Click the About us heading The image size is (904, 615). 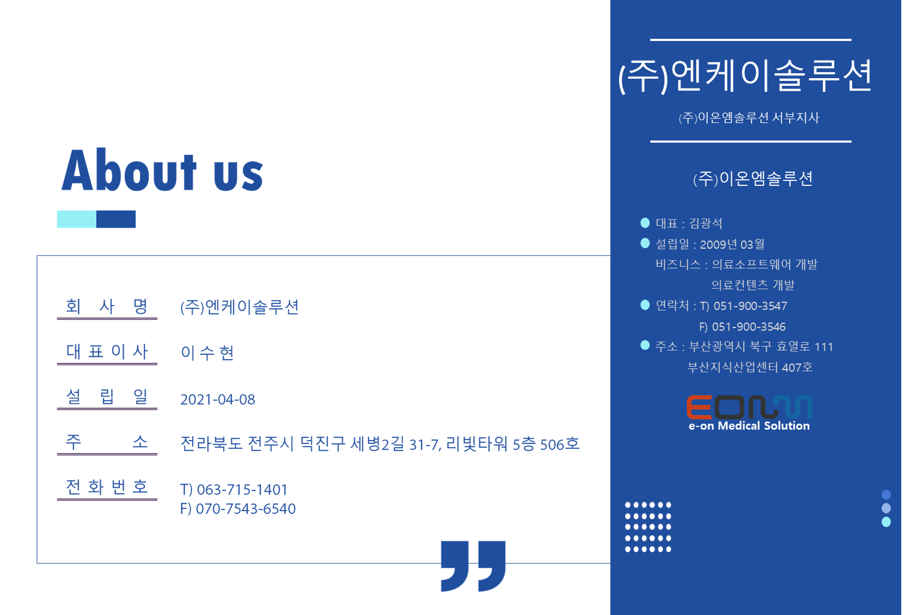(x=162, y=170)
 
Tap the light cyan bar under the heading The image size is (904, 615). (x=76, y=219)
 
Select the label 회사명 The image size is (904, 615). (x=107, y=306)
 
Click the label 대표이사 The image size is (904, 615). (x=107, y=351)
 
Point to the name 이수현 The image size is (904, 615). (x=207, y=352)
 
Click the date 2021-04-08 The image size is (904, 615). (x=218, y=399)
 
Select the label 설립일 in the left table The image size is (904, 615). (x=107, y=396)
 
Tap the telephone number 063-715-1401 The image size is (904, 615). (x=242, y=489)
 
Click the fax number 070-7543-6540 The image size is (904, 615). (x=246, y=509)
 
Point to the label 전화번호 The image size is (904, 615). (x=107, y=487)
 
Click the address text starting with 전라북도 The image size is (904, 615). (x=380, y=444)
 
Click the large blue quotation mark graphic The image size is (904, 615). (x=473, y=566)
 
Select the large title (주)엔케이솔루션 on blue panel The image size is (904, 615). (x=745, y=76)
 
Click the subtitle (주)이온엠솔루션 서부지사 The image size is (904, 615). (x=749, y=118)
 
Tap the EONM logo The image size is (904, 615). (x=749, y=407)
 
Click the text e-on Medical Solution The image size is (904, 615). (x=749, y=426)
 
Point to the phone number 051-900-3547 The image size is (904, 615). (x=750, y=306)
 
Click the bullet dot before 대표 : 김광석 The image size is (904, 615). (x=645, y=223)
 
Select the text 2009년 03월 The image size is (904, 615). (x=732, y=244)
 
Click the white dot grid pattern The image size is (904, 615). (x=648, y=527)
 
